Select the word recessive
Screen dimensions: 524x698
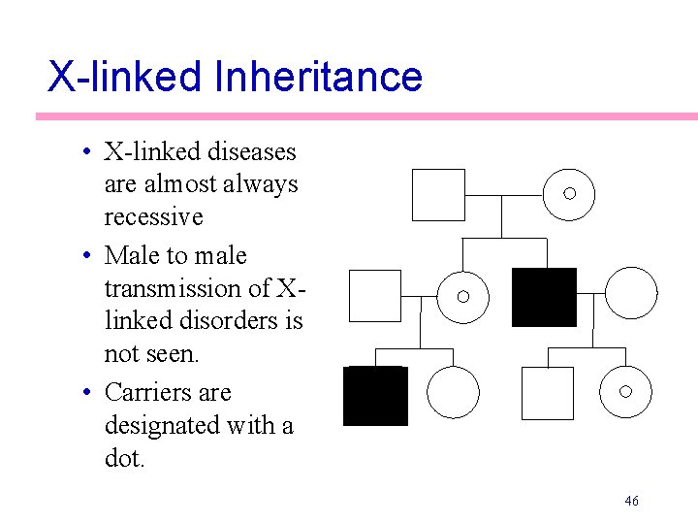tap(153, 216)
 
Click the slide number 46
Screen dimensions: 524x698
tap(631, 501)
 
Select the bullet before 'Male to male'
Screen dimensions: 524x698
tap(86, 256)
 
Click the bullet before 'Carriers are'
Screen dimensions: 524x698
tap(86, 393)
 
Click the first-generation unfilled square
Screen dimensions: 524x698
tap(438, 194)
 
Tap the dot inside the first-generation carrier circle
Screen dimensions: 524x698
tap(569, 194)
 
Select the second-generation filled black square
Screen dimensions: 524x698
tap(544, 297)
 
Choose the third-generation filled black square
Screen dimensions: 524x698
tap(375, 396)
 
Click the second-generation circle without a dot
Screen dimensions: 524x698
tap(631, 293)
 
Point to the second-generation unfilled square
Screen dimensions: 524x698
tap(374, 295)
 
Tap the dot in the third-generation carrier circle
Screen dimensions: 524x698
tap(625, 391)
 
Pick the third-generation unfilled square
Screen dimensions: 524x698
tap(547, 393)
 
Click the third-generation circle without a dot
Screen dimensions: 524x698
tap(454, 392)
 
